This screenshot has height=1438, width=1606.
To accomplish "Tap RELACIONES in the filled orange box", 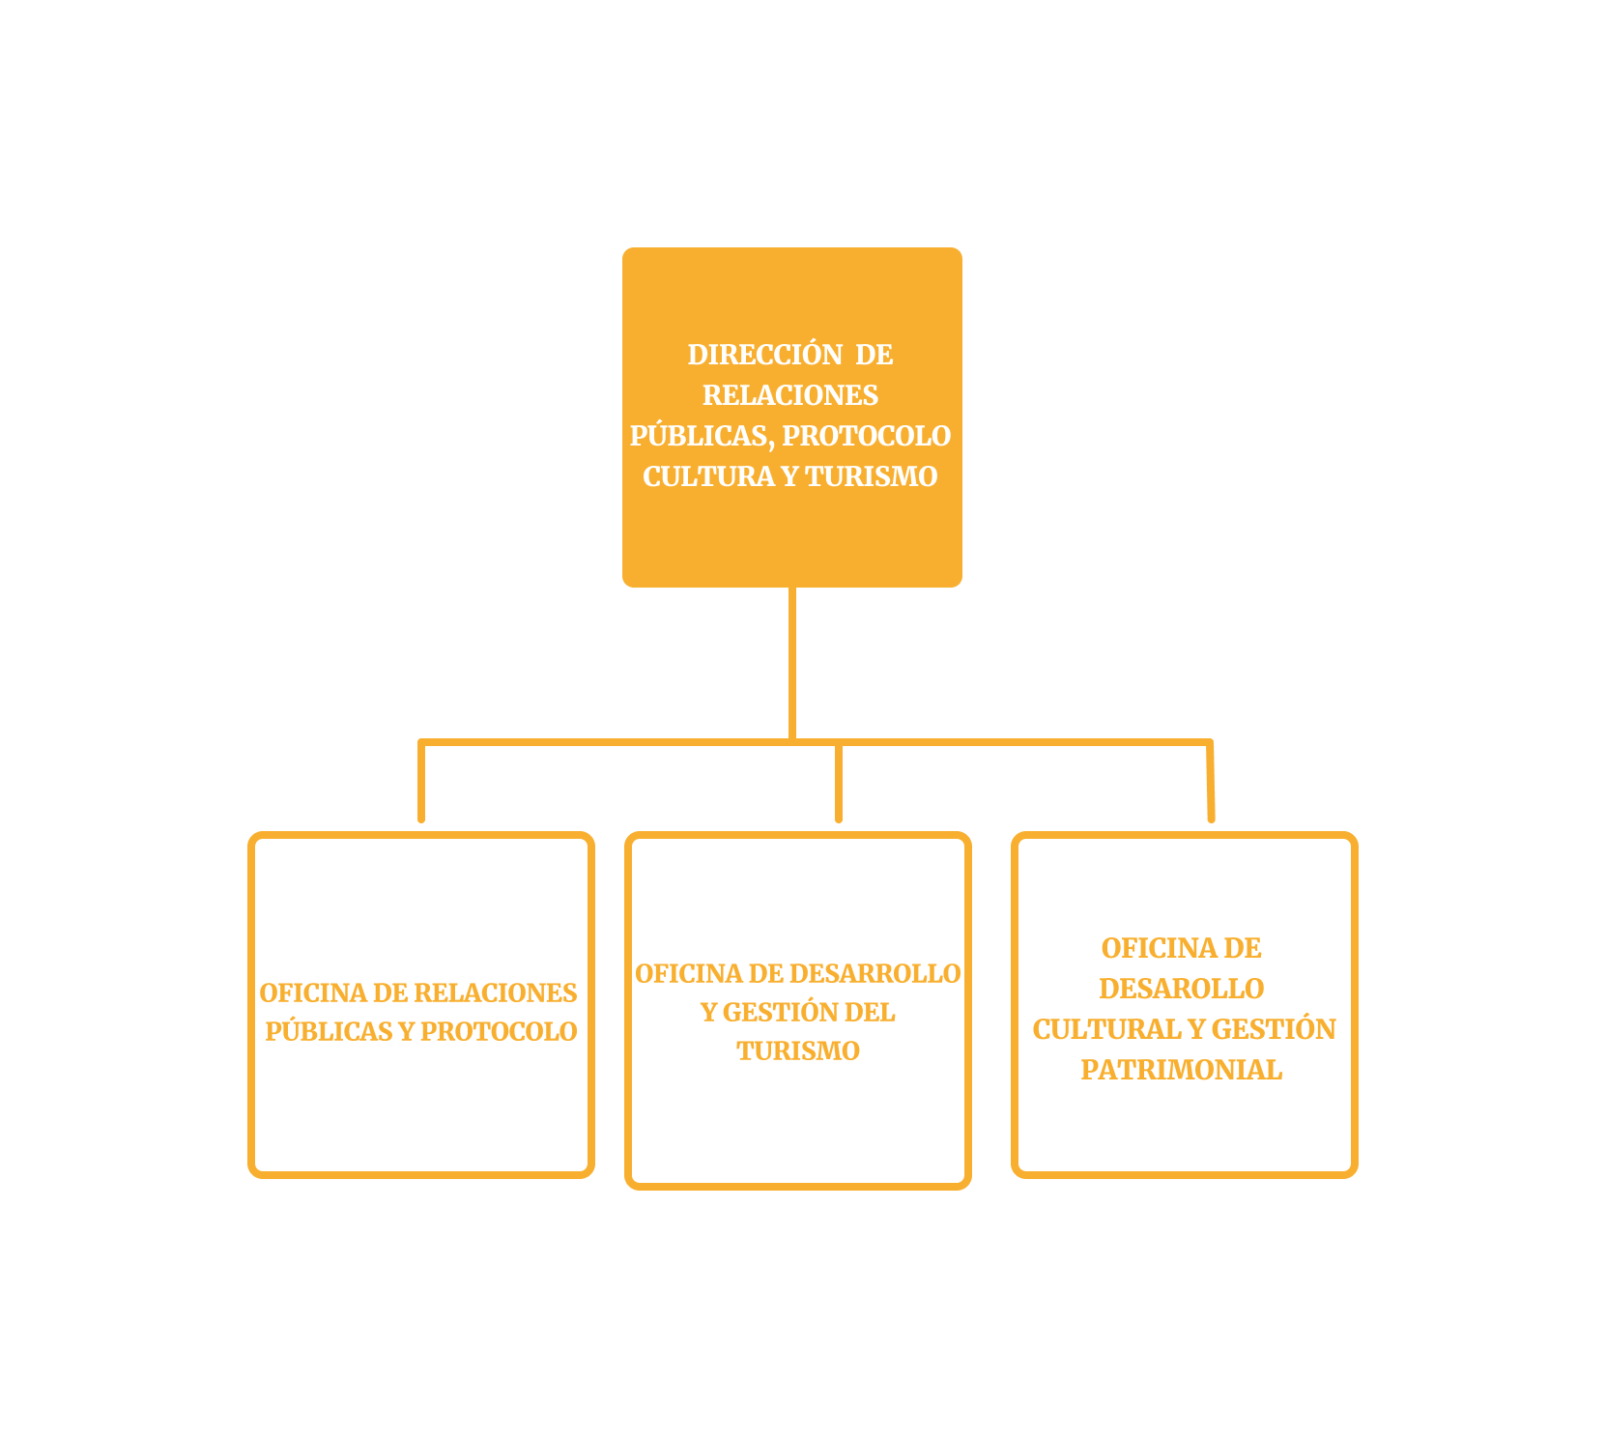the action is click(x=790, y=395).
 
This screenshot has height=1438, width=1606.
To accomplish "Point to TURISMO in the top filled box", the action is click(x=872, y=476).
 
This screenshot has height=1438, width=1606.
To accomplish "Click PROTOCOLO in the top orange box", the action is click(x=867, y=436).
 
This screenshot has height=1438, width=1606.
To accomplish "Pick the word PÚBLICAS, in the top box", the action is click(x=702, y=436).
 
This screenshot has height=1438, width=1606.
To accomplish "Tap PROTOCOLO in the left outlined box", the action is click(x=499, y=1031).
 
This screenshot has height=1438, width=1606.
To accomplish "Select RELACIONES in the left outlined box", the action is click(x=496, y=992).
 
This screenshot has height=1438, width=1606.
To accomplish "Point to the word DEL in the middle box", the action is click(x=870, y=1012).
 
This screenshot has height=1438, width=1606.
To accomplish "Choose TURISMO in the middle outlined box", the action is click(x=798, y=1050).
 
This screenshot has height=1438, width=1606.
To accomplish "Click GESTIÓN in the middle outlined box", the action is click(x=779, y=1012).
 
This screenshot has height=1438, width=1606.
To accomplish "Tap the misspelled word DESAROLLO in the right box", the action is click(x=1182, y=989).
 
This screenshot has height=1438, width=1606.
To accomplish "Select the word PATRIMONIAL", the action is click(x=1182, y=1070).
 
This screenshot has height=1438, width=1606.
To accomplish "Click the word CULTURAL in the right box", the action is click(x=1106, y=1029).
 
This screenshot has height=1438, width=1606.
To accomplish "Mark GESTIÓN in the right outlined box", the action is click(x=1274, y=1029).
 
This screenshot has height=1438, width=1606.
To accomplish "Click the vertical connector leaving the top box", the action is click(x=792, y=664).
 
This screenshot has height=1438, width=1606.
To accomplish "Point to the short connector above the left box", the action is click(x=421, y=781).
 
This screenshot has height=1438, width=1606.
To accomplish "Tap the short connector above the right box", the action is click(x=1211, y=781).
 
